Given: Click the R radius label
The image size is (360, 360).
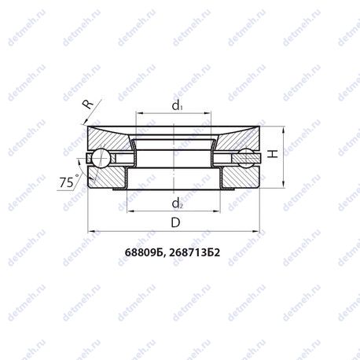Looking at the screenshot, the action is [88, 105].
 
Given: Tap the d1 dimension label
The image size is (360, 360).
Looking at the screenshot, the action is [177, 105].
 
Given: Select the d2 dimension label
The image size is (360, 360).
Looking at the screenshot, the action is [177, 204].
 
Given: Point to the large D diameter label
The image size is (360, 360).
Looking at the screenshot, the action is [175, 222].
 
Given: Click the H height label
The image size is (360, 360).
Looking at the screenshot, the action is [273, 154].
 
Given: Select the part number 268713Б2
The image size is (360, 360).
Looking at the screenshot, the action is [194, 252].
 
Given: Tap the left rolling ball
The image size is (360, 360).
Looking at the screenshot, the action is [101, 158].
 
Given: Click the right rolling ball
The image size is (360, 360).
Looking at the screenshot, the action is [247, 157].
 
